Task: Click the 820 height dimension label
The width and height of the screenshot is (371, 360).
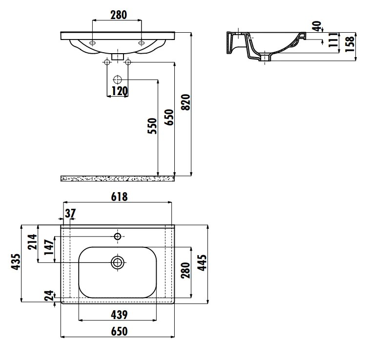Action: (186, 102)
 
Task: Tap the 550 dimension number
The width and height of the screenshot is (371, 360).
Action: (152, 126)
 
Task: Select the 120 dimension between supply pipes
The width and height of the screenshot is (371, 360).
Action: (120, 91)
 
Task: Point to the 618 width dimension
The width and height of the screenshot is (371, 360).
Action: (119, 197)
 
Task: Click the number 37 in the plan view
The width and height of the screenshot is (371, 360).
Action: (70, 214)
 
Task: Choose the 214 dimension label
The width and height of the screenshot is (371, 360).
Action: (32, 242)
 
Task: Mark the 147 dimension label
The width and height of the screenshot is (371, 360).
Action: (49, 247)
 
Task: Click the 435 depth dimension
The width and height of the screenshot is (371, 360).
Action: (16, 261)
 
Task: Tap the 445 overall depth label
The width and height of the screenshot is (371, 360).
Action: (202, 262)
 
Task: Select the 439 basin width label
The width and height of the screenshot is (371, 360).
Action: (119, 315)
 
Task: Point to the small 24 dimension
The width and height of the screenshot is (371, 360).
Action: (49, 296)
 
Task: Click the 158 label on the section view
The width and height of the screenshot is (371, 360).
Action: (350, 44)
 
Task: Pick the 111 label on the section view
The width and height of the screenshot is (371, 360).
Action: (333, 40)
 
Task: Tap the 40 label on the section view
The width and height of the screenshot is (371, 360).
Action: (317, 26)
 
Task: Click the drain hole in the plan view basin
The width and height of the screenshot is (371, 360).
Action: (118, 262)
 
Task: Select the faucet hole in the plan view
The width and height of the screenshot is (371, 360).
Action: (118, 236)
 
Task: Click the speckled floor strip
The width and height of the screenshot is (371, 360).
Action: (118, 179)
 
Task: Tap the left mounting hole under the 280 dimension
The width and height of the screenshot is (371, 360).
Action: (93, 43)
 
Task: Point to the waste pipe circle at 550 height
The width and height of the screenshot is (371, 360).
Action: (118, 80)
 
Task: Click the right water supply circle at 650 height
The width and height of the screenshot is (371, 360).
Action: (128, 62)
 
